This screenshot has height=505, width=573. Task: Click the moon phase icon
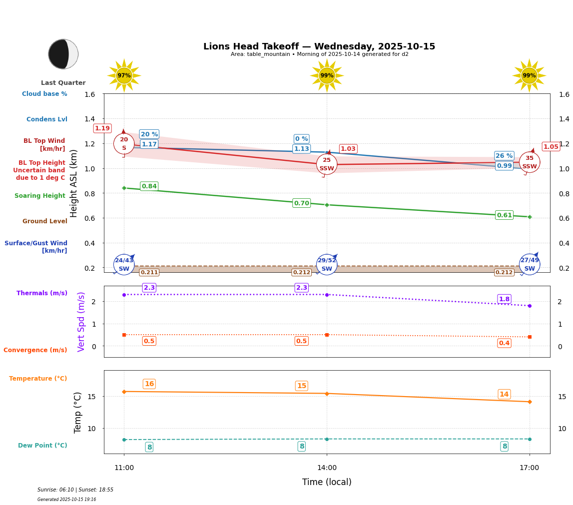click(x=63, y=54)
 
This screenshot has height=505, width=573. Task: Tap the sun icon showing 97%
click(x=124, y=75)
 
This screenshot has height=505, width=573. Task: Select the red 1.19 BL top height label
click(x=102, y=128)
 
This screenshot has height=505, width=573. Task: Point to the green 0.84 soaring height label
click(x=149, y=186)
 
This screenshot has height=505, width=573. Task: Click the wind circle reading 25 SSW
click(x=327, y=164)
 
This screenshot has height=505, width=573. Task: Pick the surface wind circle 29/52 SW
click(x=327, y=265)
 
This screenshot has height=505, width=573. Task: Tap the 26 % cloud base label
click(x=504, y=156)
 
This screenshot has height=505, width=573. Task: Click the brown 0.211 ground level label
click(x=149, y=272)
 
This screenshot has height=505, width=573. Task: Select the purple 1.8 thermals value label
click(x=504, y=299)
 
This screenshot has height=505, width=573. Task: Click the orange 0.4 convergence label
click(x=504, y=343)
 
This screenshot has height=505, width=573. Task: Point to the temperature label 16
click(x=149, y=384)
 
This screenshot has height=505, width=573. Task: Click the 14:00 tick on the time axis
click(x=327, y=468)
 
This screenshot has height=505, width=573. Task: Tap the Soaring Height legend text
click(x=40, y=196)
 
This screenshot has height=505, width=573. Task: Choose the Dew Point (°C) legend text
click(x=42, y=446)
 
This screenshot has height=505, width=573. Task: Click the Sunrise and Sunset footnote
click(x=75, y=490)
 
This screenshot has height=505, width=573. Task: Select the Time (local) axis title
click(x=327, y=482)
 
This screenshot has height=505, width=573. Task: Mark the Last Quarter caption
click(x=63, y=83)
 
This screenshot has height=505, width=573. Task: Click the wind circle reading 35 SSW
click(x=530, y=162)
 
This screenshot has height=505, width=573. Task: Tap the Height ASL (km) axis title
click(x=74, y=183)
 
